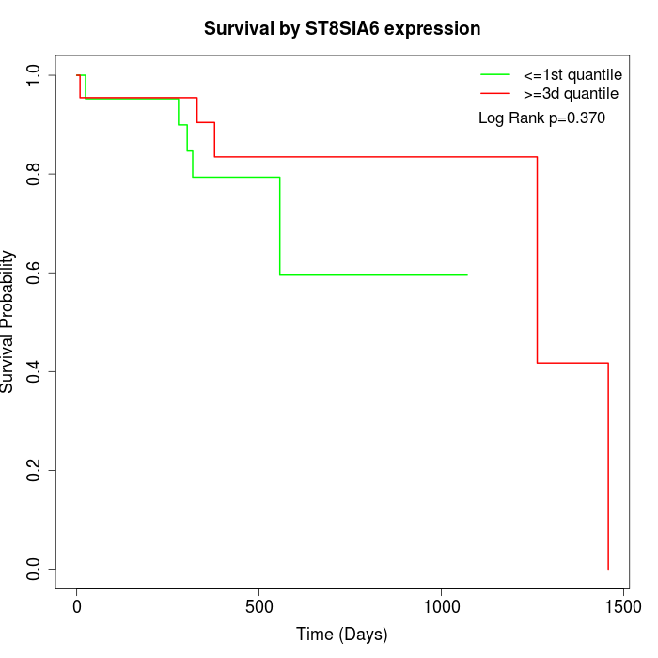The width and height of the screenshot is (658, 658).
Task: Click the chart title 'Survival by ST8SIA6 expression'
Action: (342, 29)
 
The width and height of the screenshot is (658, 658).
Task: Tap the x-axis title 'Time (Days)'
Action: (342, 634)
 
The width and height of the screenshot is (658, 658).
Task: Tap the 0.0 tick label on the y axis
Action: (35, 569)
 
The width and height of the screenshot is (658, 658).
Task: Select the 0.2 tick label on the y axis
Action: (35, 470)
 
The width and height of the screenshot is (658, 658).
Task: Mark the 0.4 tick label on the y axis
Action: (35, 371)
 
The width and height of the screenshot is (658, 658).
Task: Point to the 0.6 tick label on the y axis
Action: (35, 273)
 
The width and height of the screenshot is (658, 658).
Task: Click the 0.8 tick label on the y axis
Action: (35, 174)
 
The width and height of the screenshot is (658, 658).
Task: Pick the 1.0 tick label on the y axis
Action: (35, 75)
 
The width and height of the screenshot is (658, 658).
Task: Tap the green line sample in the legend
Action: (494, 74)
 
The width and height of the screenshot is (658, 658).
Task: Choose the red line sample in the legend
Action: (494, 93)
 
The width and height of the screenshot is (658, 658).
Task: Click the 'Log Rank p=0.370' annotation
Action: (541, 118)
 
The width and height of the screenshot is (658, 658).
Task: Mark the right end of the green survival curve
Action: (467, 274)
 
